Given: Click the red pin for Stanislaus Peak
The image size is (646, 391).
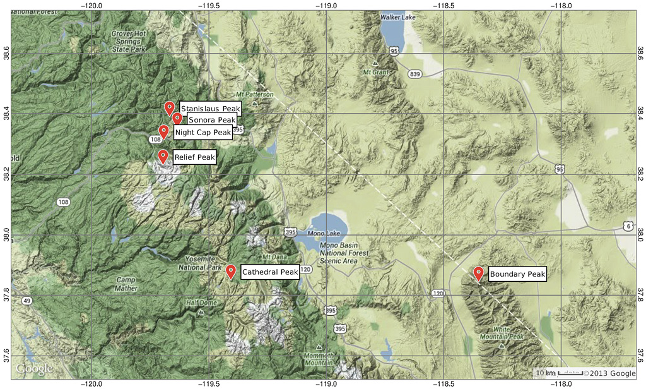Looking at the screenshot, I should click(x=169, y=107).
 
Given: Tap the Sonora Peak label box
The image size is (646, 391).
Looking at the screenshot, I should click(x=211, y=119).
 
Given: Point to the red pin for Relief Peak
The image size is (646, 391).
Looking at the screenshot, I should click(x=163, y=155).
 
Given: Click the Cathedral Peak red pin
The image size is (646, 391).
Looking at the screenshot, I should click(x=231, y=271).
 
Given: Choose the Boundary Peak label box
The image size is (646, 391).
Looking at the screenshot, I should click(x=517, y=274).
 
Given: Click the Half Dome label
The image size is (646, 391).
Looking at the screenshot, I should click(x=201, y=303).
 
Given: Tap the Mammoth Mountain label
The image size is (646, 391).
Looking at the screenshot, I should click(x=320, y=358).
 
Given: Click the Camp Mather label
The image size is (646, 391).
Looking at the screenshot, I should click(x=126, y=284).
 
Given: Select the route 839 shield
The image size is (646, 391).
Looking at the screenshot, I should click(x=414, y=74).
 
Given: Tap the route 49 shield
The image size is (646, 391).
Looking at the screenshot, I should click(x=27, y=301).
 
